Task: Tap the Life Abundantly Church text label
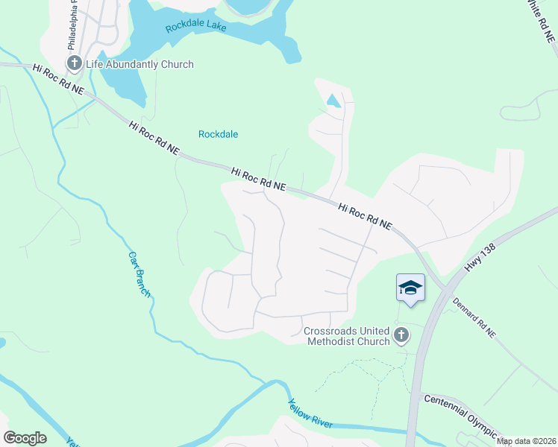point(140,64)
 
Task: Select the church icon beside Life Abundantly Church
point(74,63)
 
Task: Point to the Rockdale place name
point(218,134)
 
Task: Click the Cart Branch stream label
point(139,273)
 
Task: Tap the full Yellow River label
point(310,413)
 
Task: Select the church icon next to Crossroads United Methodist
point(401,336)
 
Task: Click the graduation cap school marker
point(410,288)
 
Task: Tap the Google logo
point(25,438)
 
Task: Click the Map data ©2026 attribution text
point(526,441)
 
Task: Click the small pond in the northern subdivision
point(333,100)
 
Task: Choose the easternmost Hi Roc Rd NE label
point(365,216)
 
